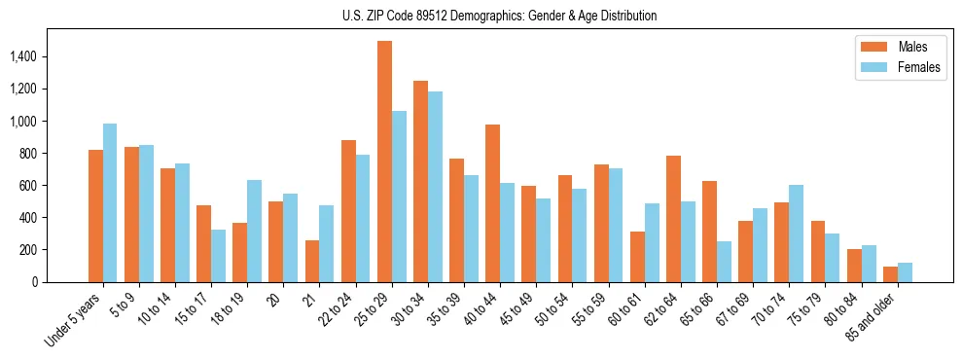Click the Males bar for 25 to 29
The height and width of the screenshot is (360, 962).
coord(384,162)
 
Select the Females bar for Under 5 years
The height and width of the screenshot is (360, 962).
coord(110,202)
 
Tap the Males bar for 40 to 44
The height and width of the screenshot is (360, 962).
coord(492,203)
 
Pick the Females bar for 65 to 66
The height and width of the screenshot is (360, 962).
coord(724,262)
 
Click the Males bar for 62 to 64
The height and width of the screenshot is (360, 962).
coord(673,219)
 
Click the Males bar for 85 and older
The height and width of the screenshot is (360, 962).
coord(890,274)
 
